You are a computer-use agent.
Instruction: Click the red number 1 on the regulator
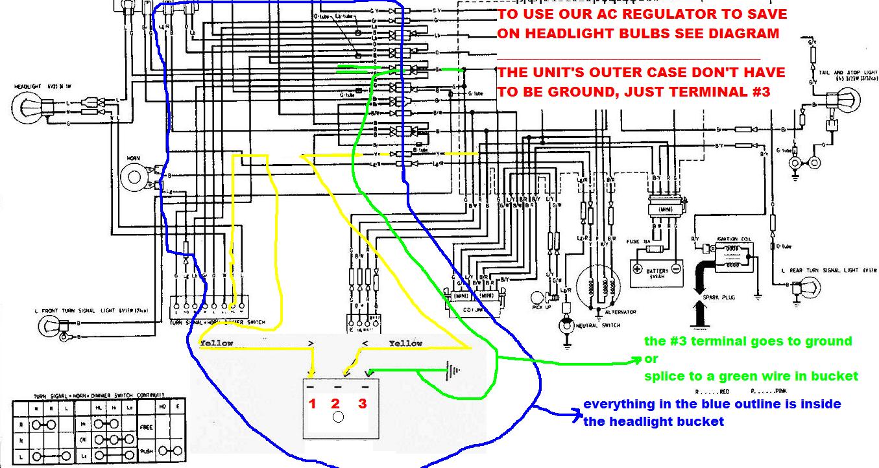point(312,404)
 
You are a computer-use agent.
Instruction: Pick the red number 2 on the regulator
point(336,404)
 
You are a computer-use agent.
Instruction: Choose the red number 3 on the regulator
point(362,404)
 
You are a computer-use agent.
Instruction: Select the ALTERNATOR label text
point(620,312)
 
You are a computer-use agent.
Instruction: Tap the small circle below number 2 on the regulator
point(337,417)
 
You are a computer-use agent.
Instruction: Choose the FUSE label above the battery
point(634,241)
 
